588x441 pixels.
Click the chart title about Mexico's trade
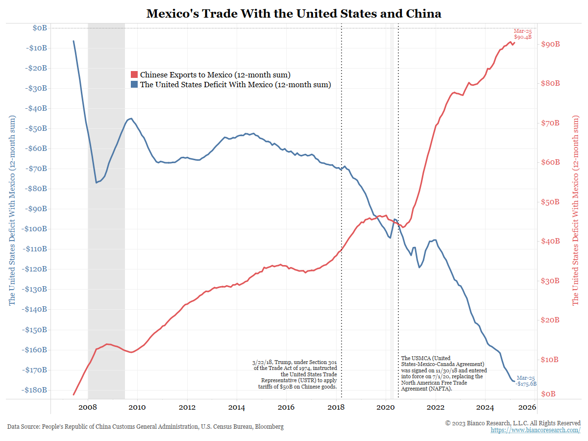(294, 13)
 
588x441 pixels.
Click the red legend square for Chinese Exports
(134, 75)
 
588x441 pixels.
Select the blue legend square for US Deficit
(134, 85)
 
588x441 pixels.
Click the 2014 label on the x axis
(237, 407)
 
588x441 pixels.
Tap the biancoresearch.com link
(536, 430)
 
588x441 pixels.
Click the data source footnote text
(145, 427)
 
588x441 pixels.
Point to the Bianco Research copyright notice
(513, 423)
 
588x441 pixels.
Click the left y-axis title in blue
(12, 211)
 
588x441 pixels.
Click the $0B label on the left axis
(40, 28)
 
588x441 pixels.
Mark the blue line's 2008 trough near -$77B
(96, 183)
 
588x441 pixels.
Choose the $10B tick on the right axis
(549, 360)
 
